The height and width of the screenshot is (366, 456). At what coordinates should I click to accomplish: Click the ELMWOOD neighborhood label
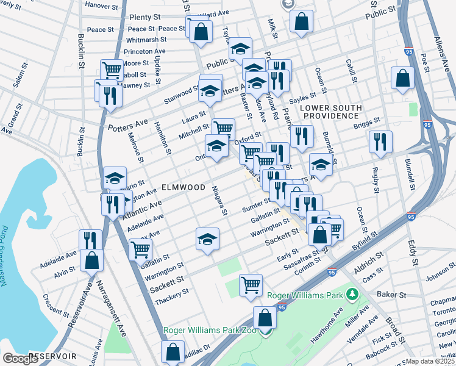(x=183, y=187)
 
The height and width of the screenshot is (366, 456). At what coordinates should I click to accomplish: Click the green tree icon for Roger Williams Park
(x=352, y=295)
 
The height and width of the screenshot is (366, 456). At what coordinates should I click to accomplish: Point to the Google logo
(x=21, y=359)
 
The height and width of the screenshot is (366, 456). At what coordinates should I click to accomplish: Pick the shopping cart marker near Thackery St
(x=251, y=285)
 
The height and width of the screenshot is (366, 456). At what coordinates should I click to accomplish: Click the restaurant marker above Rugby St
(x=380, y=142)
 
